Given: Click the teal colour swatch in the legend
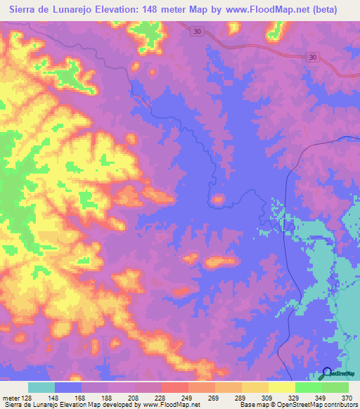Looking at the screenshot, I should click(x=41, y=387).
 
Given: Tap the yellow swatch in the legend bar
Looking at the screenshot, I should click(x=282, y=387).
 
